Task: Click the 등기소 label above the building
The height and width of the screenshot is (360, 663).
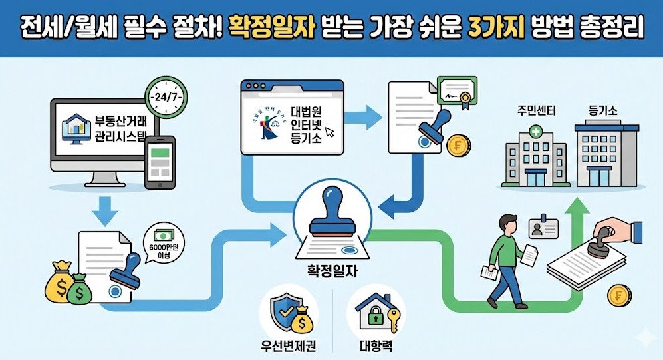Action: (x=602, y=109)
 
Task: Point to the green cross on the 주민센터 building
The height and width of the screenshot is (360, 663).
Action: (x=536, y=133)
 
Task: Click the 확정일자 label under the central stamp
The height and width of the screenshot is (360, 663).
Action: (x=329, y=273)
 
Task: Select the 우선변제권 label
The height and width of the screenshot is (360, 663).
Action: (x=287, y=347)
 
